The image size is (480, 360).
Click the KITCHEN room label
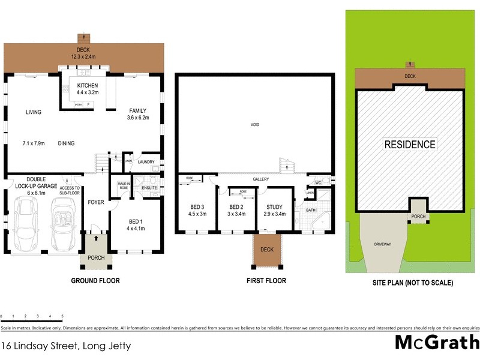[87, 86]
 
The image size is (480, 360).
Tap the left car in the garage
[27, 223]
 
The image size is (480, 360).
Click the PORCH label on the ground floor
[95, 258]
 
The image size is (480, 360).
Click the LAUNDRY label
[146, 162]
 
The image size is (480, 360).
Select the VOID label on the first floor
[255, 125]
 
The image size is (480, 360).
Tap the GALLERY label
[260, 179]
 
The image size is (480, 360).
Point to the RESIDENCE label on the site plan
[410, 145]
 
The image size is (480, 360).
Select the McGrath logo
[436, 343]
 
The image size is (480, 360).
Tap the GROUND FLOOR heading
[95, 280]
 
